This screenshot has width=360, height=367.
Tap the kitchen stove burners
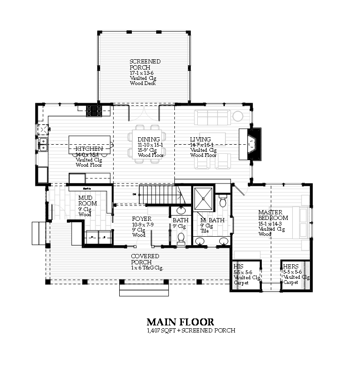pyautogui.click(x=94, y=111)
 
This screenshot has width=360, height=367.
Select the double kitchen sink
pyautogui.click(x=43, y=144)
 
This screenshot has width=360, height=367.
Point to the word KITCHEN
pyautogui.click(x=89, y=149)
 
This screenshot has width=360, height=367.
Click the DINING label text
pyautogui.click(x=149, y=140)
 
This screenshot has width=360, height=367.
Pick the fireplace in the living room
pyautogui.click(x=250, y=144)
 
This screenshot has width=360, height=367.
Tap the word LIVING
pyautogui.click(x=200, y=140)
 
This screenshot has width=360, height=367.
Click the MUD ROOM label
pyautogui.click(x=87, y=201)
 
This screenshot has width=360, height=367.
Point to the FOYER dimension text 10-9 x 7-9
pyautogui.click(x=143, y=225)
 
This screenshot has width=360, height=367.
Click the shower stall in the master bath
pyautogui.click(x=204, y=198)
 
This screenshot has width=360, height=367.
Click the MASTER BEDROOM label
pyautogui.click(x=273, y=215)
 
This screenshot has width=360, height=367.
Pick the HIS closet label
pyautogui.click(x=238, y=267)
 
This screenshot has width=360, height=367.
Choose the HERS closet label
pyautogui.click(x=290, y=267)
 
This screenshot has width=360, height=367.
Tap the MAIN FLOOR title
pyautogui.click(x=180, y=322)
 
